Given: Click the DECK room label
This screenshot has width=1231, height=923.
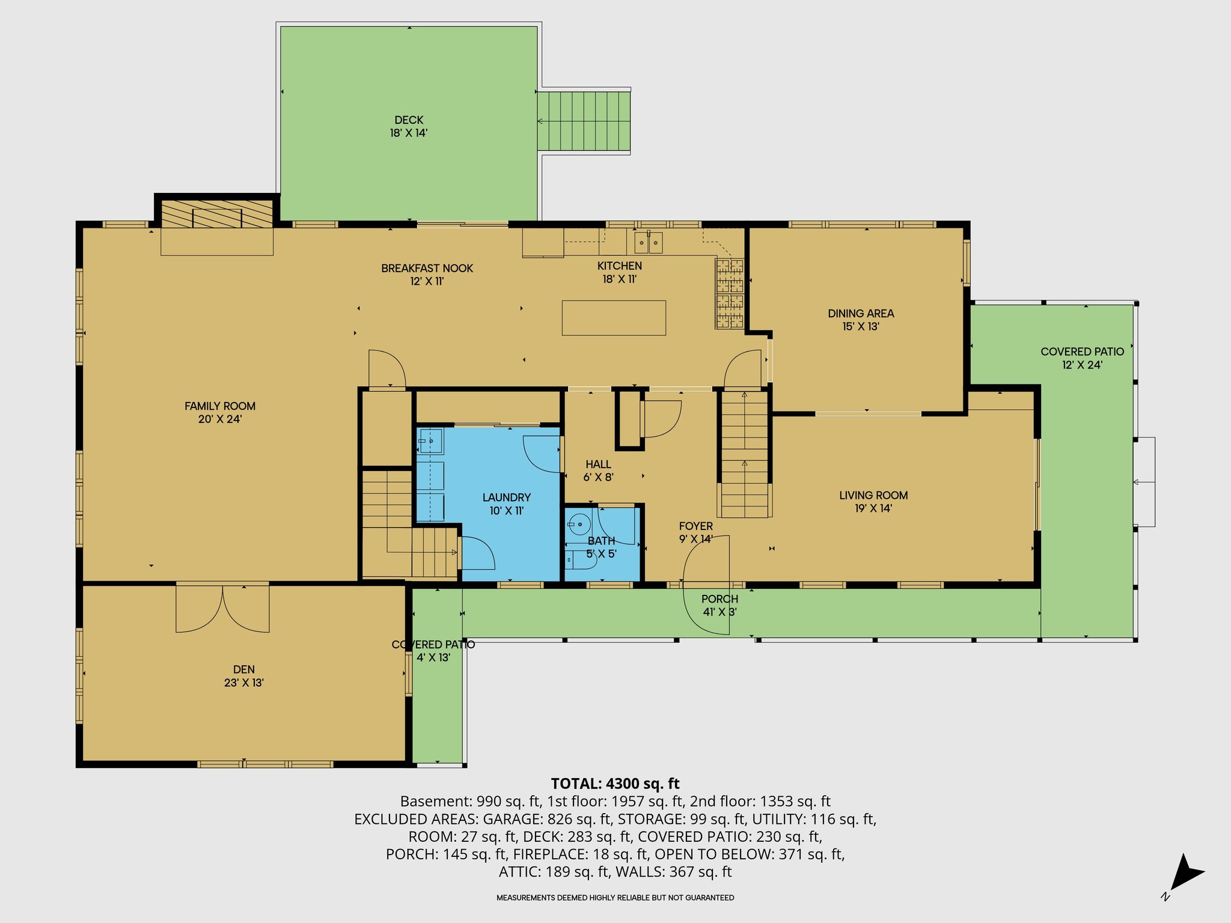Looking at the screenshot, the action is click(x=409, y=120).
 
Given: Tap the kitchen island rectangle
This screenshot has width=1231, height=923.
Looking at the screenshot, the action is click(x=614, y=317).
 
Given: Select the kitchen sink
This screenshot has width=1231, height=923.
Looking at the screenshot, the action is click(x=649, y=242).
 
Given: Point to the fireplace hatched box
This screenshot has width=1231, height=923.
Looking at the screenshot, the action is click(x=217, y=213).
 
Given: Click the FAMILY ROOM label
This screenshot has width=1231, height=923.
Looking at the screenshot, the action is click(x=220, y=406).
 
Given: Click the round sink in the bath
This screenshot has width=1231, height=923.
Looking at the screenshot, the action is click(x=580, y=525).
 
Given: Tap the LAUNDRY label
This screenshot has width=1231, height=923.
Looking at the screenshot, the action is click(x=507, y=498).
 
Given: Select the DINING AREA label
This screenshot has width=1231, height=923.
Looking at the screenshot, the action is click(x=861, y=313).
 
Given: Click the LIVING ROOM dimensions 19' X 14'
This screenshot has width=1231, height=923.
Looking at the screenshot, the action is click(x=873, y=508).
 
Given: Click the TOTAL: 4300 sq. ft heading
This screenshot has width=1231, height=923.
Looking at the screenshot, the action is click(x=615, y=784).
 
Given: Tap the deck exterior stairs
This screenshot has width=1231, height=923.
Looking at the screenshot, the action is click(x=584, y=121).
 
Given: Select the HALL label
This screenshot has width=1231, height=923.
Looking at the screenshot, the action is click(x=598, y=465).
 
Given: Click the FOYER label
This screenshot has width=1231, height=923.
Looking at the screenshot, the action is click(x=696, y=526).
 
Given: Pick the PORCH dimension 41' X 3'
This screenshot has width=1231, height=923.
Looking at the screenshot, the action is click(x=719, y=612).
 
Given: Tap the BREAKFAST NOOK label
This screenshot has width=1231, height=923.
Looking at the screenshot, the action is click(x=427, y=268).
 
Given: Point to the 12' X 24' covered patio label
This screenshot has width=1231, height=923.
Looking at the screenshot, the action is click(x=1082, y=365).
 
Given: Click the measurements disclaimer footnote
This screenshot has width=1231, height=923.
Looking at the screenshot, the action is click(x=615, y=898).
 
